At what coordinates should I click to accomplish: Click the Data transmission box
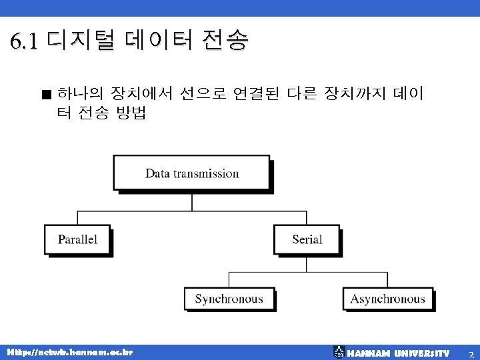[191, 173]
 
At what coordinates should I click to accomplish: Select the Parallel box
[77, 239]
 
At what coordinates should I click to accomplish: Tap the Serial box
[307, 239]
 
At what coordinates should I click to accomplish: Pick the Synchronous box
[229, 299]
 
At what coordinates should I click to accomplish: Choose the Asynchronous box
[387, 299]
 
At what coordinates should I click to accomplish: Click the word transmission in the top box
[206, 174]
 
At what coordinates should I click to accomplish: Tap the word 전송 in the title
[227, 41]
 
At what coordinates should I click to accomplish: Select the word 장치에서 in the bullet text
[139, 93]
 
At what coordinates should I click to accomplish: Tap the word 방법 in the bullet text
[131, 113]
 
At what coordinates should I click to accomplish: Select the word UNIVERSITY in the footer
[421, 352]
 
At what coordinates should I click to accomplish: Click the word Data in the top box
[158, 174]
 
